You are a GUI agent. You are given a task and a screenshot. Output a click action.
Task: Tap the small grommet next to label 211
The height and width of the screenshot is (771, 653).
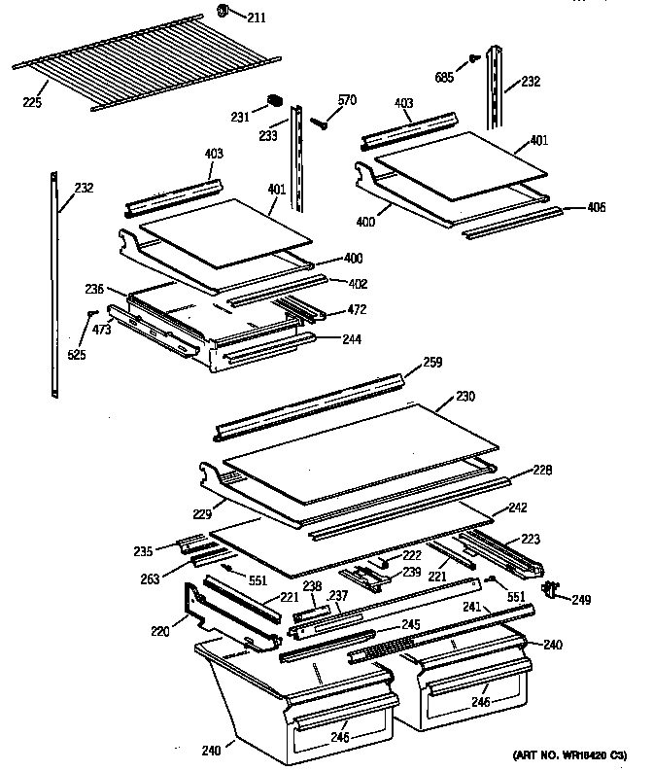tap(222, 12)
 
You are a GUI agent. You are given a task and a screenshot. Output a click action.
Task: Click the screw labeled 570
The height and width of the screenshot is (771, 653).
tap(321, 122)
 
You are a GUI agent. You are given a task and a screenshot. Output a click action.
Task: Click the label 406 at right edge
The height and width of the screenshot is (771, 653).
tap(597, 207)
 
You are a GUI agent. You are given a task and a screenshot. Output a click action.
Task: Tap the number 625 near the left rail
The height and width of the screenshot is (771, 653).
tap(77, 355)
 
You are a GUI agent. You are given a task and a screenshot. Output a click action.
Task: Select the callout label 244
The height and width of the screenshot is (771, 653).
tap(352, 339)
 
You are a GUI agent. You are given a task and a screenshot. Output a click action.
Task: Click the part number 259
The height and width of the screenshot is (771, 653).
tap(431, 363)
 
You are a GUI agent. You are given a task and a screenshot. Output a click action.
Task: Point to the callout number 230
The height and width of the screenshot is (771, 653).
tap(467, 398)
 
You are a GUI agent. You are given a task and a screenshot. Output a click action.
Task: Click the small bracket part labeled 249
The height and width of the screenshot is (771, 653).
tap(555, 587)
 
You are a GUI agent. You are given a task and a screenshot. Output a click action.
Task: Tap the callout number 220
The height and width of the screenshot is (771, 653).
tap(159, 632)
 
